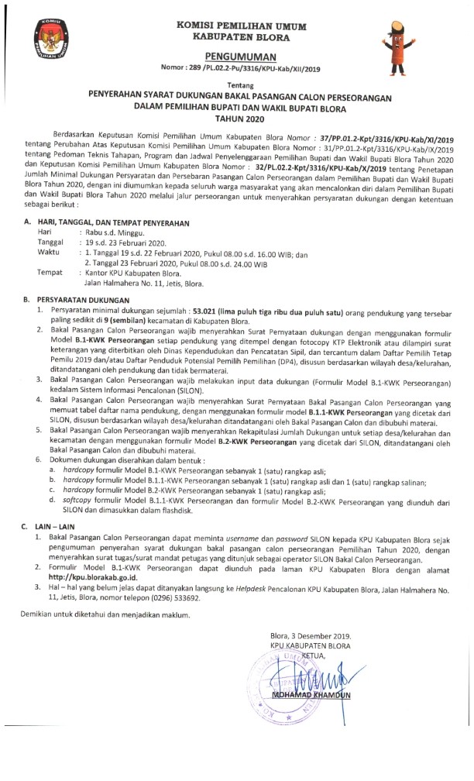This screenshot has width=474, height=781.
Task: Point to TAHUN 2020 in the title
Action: [240, 119]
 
